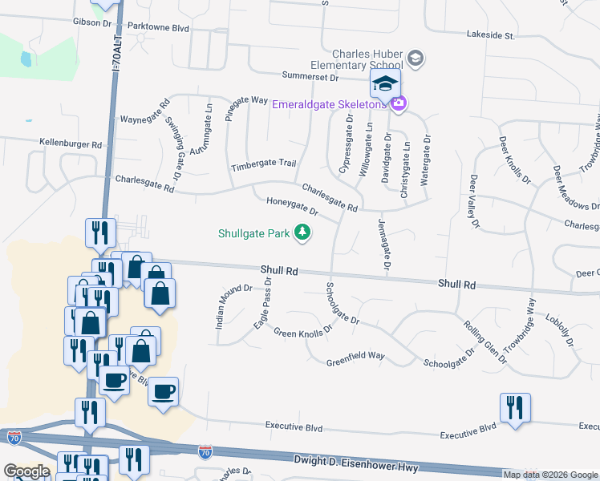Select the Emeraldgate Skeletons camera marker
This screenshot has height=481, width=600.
(x=399, y=103)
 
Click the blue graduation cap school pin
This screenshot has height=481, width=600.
(x=385, y=83)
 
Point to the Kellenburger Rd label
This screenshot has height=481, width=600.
(x=71, y=144)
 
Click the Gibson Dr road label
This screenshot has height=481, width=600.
(x=92, y=23)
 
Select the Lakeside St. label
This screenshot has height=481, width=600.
(x=491, y=35)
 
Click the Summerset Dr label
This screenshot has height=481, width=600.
(x=311, y=77)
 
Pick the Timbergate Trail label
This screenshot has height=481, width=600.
(x=264, y=164)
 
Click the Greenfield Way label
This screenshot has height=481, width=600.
(x=355, y=363)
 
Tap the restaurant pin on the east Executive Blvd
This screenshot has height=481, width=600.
(x=514, y=408)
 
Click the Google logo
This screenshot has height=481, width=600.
(x=26, y=471)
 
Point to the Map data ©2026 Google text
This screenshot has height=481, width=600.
(x=549, y=475)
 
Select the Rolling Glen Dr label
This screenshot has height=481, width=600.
(x=485, y=342)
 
